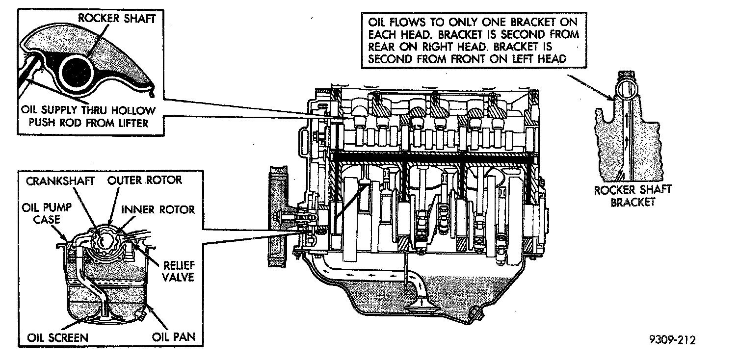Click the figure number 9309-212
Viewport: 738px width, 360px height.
tap(670, 339)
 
